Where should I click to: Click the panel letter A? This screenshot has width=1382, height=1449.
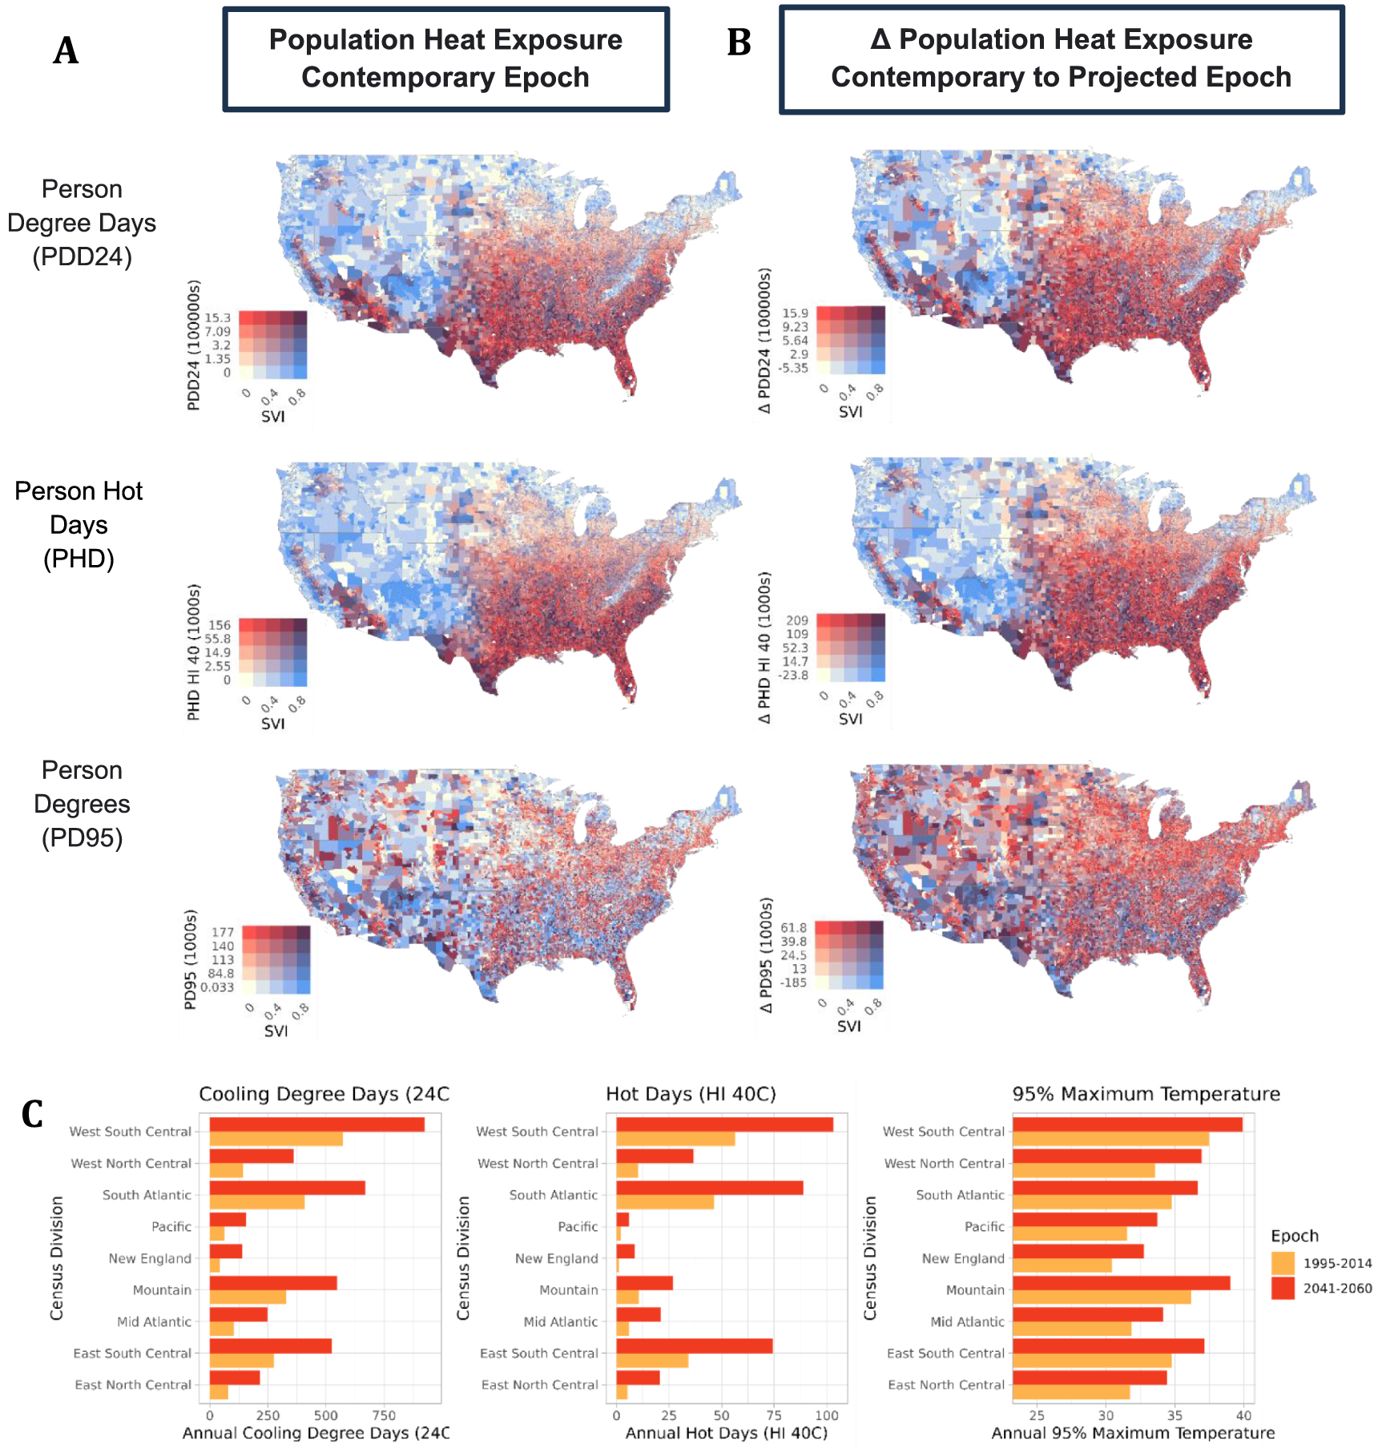tap(66, 51)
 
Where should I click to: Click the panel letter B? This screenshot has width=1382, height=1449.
tap(738, 43)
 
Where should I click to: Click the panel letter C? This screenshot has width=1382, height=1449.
tap(32, 1114)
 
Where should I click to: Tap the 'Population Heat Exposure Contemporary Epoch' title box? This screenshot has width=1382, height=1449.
tap(445, 59)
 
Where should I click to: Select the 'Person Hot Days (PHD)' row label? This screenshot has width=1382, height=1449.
tap(79, 524)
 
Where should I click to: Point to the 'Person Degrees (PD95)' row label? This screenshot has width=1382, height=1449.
tap(82, 804)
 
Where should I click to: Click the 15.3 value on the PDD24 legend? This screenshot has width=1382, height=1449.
tap(217, 318)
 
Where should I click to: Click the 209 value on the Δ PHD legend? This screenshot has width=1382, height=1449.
tap(796, 620)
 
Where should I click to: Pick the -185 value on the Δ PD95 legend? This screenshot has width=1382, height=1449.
tap(793, 983)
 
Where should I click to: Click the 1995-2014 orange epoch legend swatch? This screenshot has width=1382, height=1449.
tap(1283, 1263)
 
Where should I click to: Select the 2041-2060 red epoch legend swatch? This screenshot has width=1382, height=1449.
tap(1283, 1288)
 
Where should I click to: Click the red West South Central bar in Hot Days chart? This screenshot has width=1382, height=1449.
tap(724, 1124)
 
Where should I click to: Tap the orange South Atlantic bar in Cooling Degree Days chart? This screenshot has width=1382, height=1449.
tap(256, 1202)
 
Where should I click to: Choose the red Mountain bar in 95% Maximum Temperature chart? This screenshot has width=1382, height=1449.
tap(1121, 1282)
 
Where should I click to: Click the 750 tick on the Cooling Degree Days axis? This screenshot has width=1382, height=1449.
tap(384, 1415)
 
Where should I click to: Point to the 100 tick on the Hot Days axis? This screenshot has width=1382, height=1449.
tap(826, 1415)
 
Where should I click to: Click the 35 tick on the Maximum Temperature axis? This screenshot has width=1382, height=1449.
tap(1174, 1415)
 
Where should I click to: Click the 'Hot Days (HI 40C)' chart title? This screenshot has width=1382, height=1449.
tap(691, 1094)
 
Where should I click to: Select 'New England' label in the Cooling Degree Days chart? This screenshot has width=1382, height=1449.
tap(150, 1258)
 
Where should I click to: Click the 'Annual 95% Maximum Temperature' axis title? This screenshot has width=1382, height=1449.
tap(1133, 1433)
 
